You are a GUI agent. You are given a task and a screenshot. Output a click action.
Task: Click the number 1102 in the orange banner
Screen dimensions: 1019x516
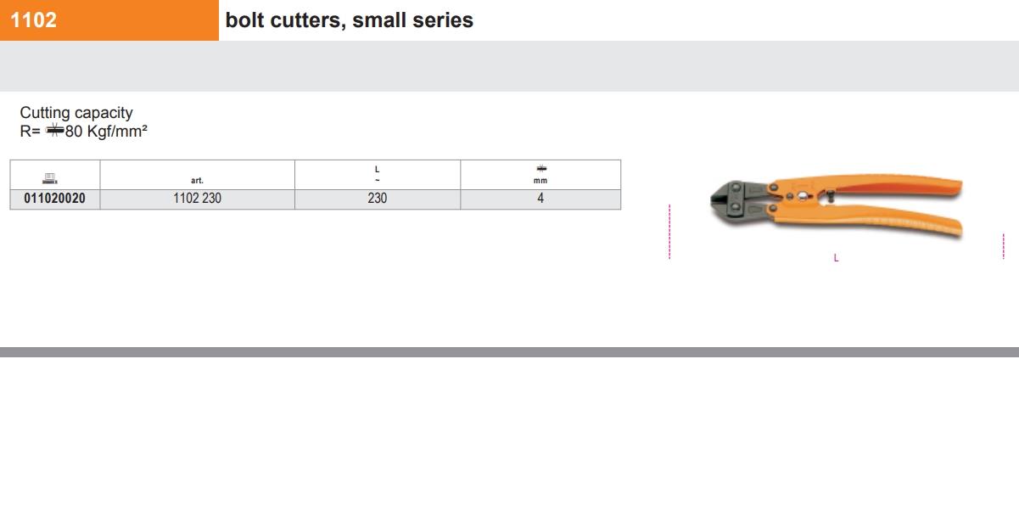(x=33, y=20)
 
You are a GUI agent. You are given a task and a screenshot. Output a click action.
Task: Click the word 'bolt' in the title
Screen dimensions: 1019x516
(x=244, y=20)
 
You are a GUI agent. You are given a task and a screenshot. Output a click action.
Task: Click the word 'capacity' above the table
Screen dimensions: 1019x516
(x=104, y=113)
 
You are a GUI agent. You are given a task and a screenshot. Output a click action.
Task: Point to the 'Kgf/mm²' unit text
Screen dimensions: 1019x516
(x=117, y=131)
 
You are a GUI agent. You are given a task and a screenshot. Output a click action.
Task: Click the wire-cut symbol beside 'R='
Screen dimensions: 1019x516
(x=54, y=131)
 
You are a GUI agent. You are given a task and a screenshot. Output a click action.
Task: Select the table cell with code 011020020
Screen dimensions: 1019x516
(x=54, y=199)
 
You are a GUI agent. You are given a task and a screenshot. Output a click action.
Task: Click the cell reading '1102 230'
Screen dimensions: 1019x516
(x=197, y=199)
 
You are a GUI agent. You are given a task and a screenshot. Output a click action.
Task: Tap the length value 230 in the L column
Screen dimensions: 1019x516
(x=377, y=199)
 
